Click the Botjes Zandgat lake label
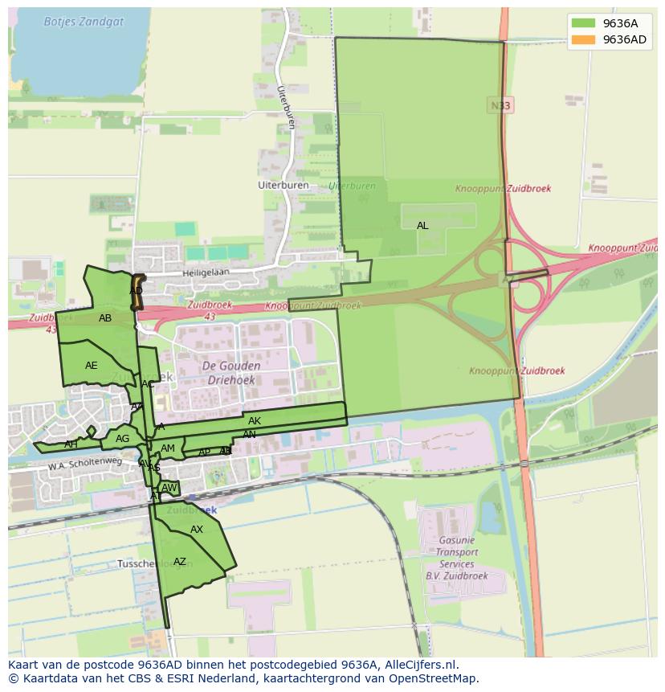pos(84,22)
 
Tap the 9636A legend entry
pos(619,23)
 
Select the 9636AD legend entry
pos(624,39)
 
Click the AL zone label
pos(422,226)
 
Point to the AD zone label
pos(136,291)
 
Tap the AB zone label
pos(105,318)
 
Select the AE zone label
pos(92,366)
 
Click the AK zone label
pos(255,421)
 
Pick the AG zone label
pos(122,439)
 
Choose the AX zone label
pos(197,530)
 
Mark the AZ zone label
pos(180,562)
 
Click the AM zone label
pos(168,448)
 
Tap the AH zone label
pos(71,444)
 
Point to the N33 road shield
pos(499,105)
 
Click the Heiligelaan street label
pos(206,272)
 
